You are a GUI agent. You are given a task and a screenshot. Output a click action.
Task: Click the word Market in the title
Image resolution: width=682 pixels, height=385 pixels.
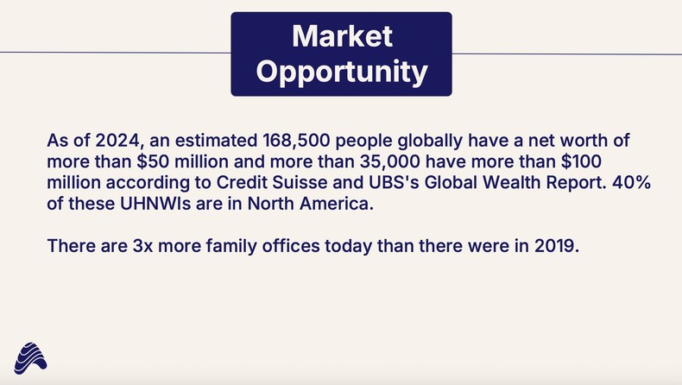(342, 36)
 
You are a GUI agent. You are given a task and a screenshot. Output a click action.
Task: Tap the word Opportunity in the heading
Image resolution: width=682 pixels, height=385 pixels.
(342, 71)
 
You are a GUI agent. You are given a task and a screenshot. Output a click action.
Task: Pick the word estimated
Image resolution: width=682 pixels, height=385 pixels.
(193, 141)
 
